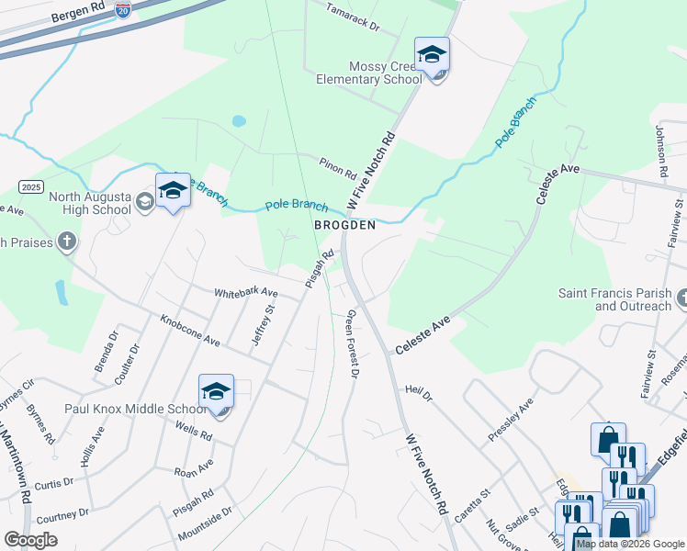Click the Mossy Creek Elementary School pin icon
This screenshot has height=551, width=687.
pyautogui.click(x=432, y=54)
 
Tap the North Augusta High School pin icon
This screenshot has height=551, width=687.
pyautogui.click(x=172, y=190)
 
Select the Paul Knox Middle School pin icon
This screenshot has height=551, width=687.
pyautogui.click(x=217, y=392)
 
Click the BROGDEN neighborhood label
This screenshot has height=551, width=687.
pyautogui.click(x=344, y=225)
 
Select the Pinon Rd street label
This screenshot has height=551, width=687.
pyautogui.click(x=337, y=167)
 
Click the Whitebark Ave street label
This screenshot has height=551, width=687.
pyautogui.click(x=245, y=293)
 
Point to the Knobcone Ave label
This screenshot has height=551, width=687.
pyautogui.click(x=190, y=331)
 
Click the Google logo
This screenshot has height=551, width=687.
pyautogui.click(x=30, y=539)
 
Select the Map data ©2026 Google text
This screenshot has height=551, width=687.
pyautogui.click(x=630, y=544)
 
